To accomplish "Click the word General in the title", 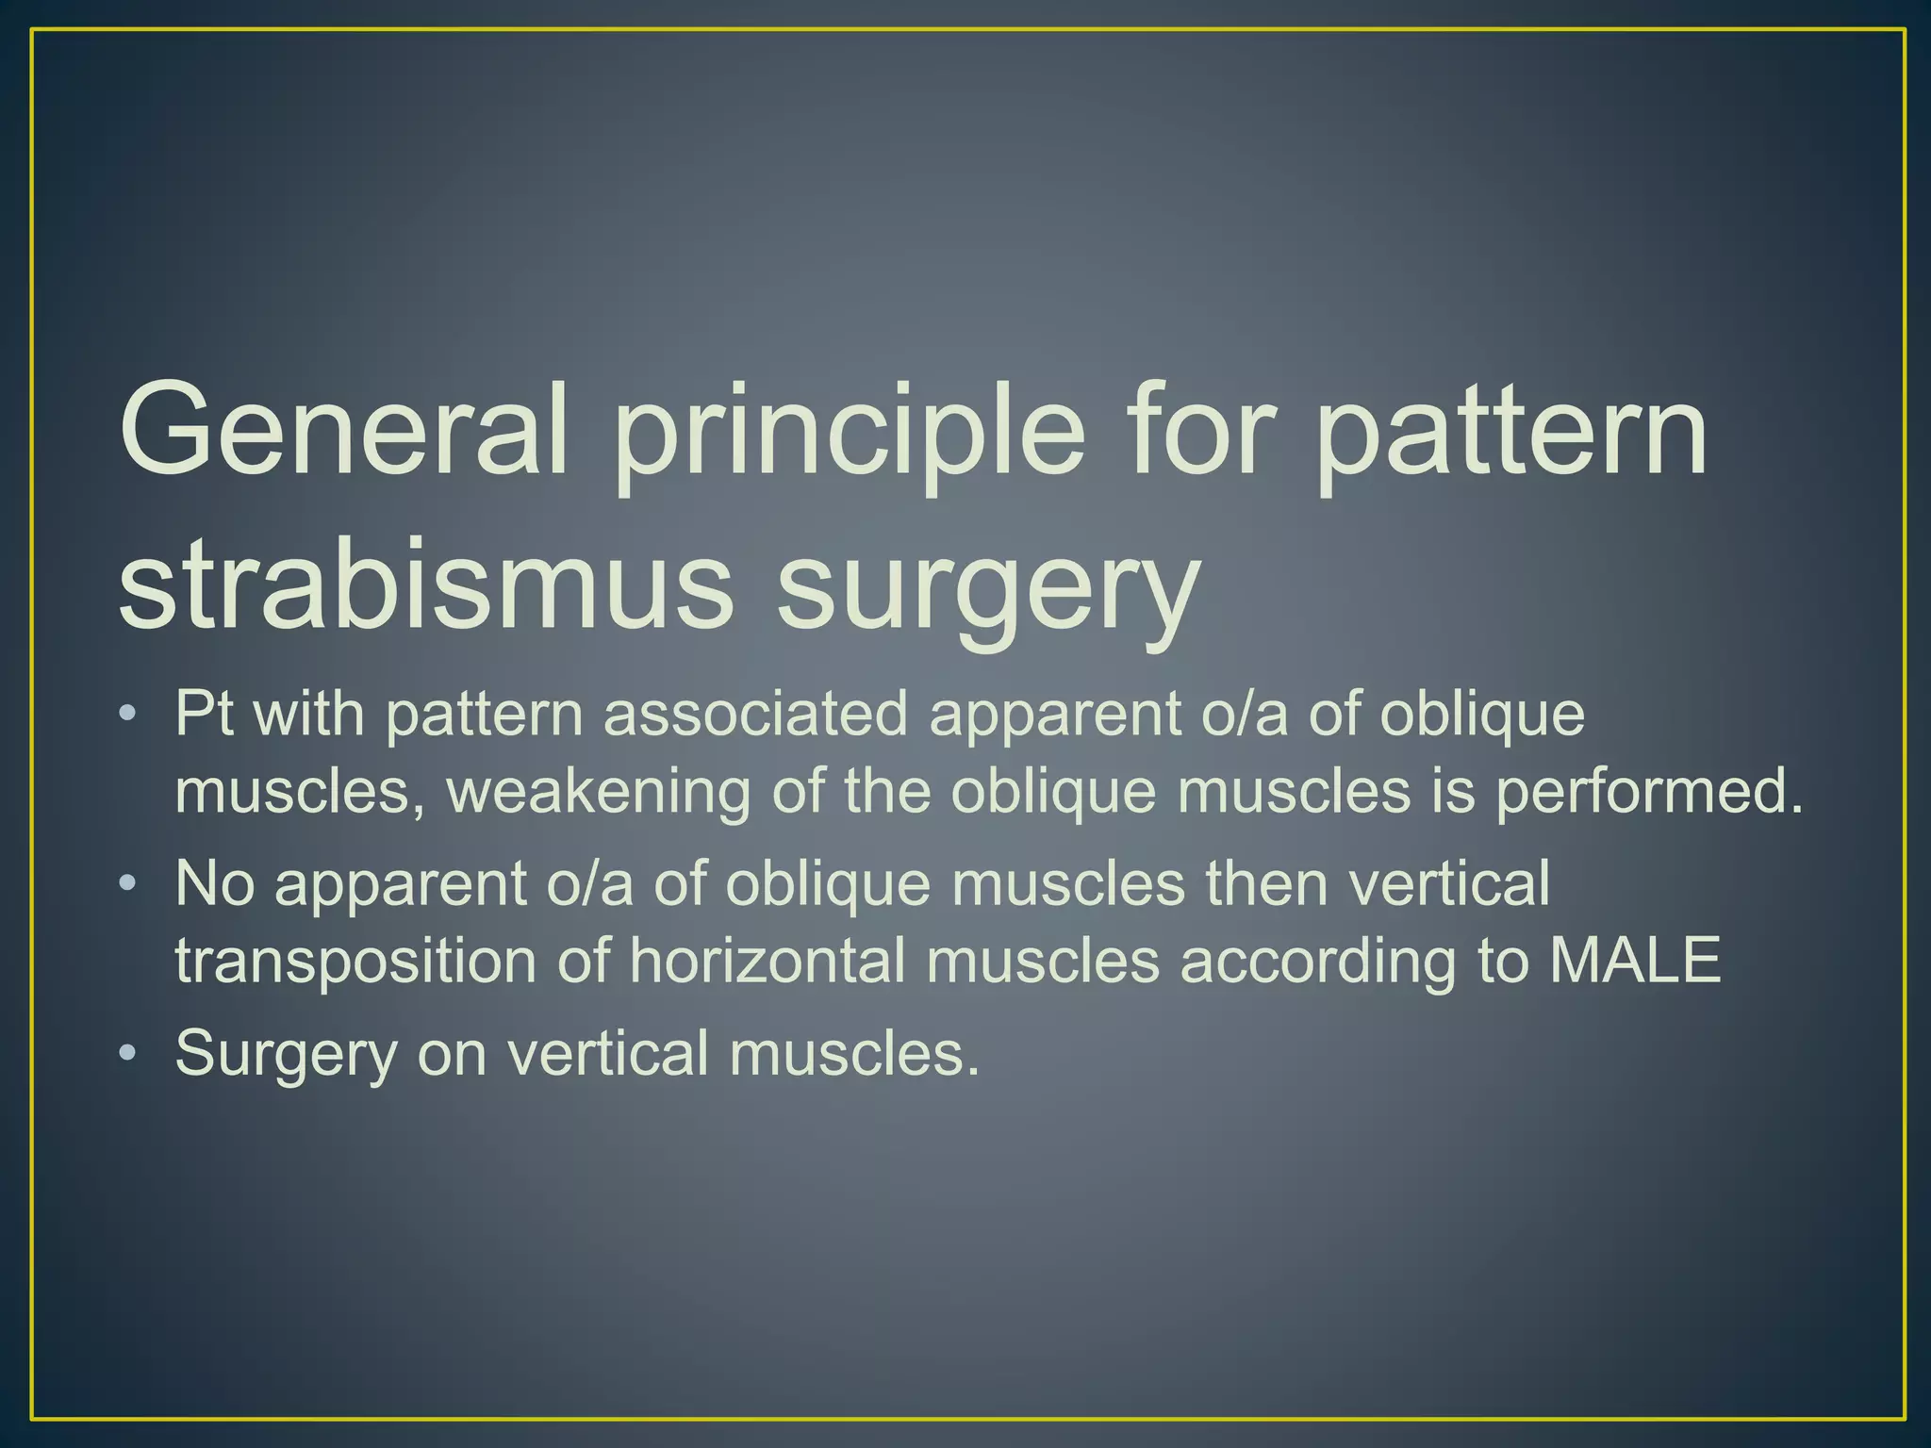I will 344,429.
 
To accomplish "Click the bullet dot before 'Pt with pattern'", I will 128,715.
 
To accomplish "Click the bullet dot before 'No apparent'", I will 128,884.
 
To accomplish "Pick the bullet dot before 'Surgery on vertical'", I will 128,1053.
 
